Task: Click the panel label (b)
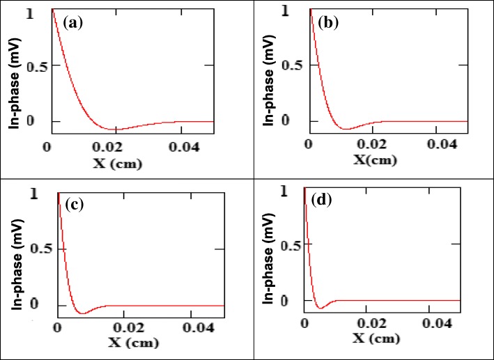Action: point(329,22)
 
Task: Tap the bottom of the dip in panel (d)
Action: point(320,307)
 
